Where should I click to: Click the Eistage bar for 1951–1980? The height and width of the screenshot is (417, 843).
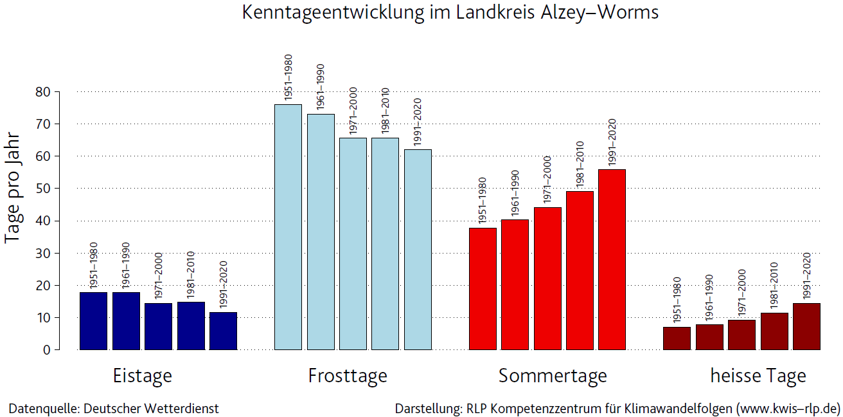(x=93, y=321)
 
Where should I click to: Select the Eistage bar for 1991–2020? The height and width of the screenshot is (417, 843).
(x=223, y=331)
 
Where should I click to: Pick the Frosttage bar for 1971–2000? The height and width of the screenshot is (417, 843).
(x=353, y=244)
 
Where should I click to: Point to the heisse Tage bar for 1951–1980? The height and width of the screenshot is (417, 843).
(x=677, y=338)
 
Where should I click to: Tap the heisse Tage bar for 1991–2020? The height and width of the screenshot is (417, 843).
(x=806, y=326)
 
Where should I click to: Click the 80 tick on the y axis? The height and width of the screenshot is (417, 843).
(x=43, y=92)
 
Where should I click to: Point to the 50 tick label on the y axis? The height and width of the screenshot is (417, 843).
(x=43, y=189)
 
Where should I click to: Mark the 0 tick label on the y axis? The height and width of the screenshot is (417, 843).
(x=47, y=350)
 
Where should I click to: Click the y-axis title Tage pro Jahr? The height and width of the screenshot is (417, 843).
(x=13, y=188)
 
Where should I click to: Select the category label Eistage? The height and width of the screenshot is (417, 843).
(x=142, y=376)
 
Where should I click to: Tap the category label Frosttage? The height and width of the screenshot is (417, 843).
(x=348, y=376)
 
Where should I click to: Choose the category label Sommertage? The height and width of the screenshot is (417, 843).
(x=553, y=376)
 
